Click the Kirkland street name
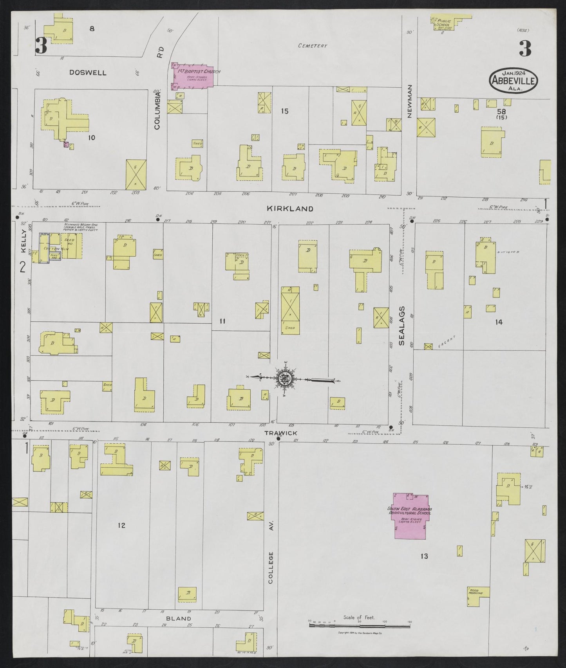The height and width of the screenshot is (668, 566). pos(290,209)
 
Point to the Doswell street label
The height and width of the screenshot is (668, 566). pos(88,73)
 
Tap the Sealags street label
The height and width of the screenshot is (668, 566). pos(402,331)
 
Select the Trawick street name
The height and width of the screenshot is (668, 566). pos(280,433)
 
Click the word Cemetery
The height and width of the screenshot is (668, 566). pos(312,46)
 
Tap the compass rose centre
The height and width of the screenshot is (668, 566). pos(285,378)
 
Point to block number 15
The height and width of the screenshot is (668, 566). pos(285,112)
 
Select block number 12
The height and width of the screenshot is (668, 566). pos(121,525)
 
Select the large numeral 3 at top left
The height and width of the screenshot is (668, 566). pos(41,46)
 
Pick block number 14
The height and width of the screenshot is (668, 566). pos(498,322)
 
